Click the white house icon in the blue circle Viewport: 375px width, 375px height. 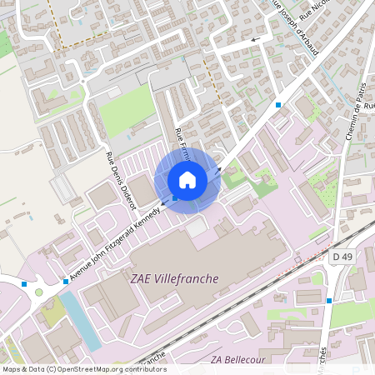pyautogui.click(x=187, y=180)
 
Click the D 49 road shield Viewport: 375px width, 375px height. pyautogui.click(x=342, y=257)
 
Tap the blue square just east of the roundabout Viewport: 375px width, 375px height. pyautogui.click(x=66, y=282)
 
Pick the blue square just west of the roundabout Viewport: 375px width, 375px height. pyautogui.click(x=24, y=284)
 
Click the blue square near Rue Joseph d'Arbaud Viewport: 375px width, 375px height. pyautogui.click(x=278, y=105)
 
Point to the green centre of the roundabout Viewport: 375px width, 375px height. pyautogui.click(x=39, y=292)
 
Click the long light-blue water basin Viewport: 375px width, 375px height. pyautogui.click(x=78, y=320)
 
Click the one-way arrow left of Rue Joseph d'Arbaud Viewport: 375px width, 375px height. pyautogui.click(x=255, y=39)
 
